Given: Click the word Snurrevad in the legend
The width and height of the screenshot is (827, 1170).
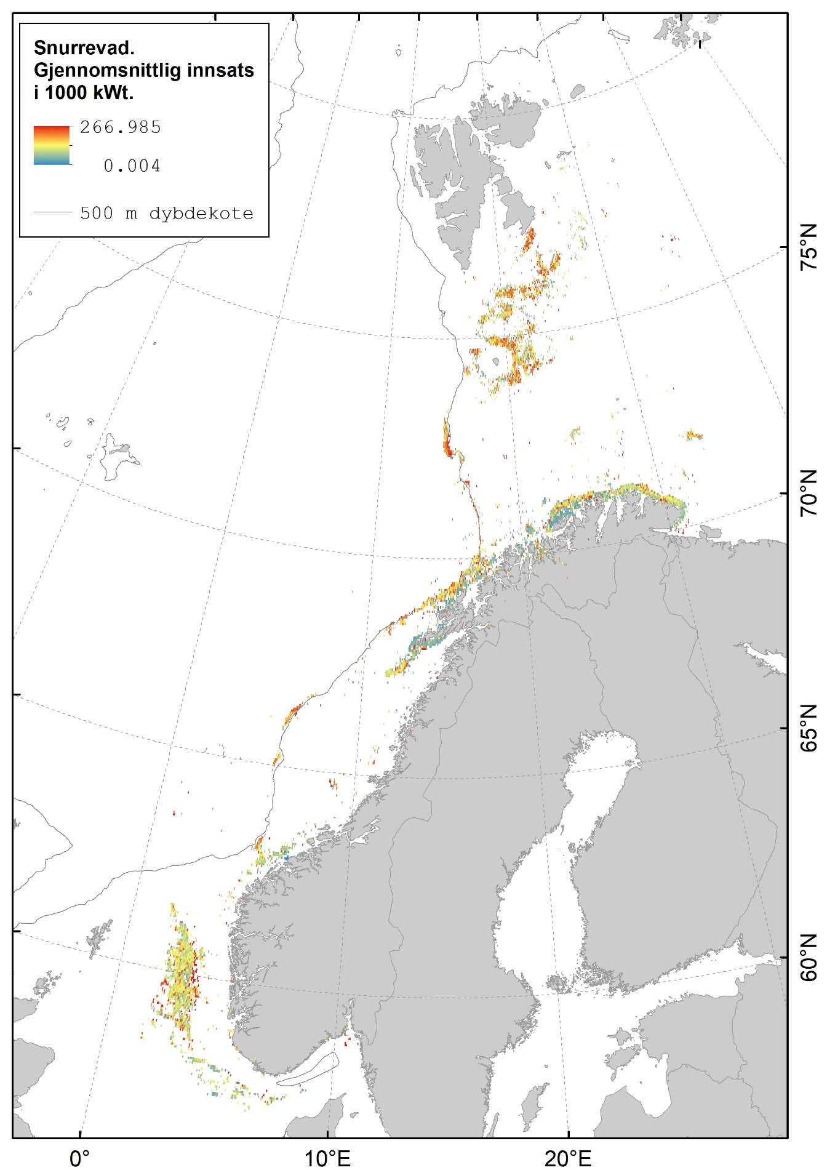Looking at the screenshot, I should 83,48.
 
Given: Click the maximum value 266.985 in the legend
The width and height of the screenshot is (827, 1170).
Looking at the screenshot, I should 121,127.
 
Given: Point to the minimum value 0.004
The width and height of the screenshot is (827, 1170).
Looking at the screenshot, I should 132,166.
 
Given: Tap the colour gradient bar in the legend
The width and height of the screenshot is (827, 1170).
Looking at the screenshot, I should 52,145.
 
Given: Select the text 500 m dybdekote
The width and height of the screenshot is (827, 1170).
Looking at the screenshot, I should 167,214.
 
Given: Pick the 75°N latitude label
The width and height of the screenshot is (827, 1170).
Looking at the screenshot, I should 809,247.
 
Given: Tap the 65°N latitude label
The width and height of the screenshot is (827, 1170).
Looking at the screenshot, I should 809,728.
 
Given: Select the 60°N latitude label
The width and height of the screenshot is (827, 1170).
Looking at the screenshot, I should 809,958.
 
